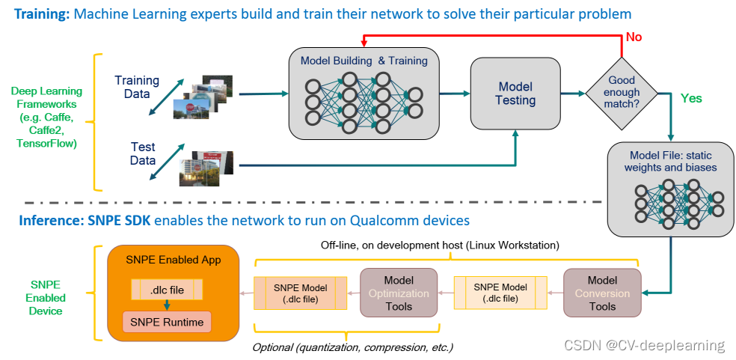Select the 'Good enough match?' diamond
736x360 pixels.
[x=622, y=93]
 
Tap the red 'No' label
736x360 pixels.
[x=634, y=37]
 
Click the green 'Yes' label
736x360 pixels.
[x=691, y=98]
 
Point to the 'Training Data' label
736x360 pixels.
[x=137, y=87]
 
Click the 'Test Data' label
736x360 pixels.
[x=143, y=153]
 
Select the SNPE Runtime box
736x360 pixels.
[x=167, y=323]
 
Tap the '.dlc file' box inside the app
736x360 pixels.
[x=167, y=290]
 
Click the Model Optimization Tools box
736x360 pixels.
[x=399, y=293]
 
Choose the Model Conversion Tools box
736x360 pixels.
[x=602, y=293]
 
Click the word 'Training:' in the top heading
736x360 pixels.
[x=42, y=13]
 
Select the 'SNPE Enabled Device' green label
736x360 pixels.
[x=46, y=297]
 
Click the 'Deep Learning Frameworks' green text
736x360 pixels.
[x=46, y=117]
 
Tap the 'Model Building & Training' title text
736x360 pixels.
[x=364, y=61]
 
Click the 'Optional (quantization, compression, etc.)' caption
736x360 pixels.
[x=352, y=348]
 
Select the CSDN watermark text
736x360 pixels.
[x=644, y=346]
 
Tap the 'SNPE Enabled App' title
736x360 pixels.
[x=174, y=260]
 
